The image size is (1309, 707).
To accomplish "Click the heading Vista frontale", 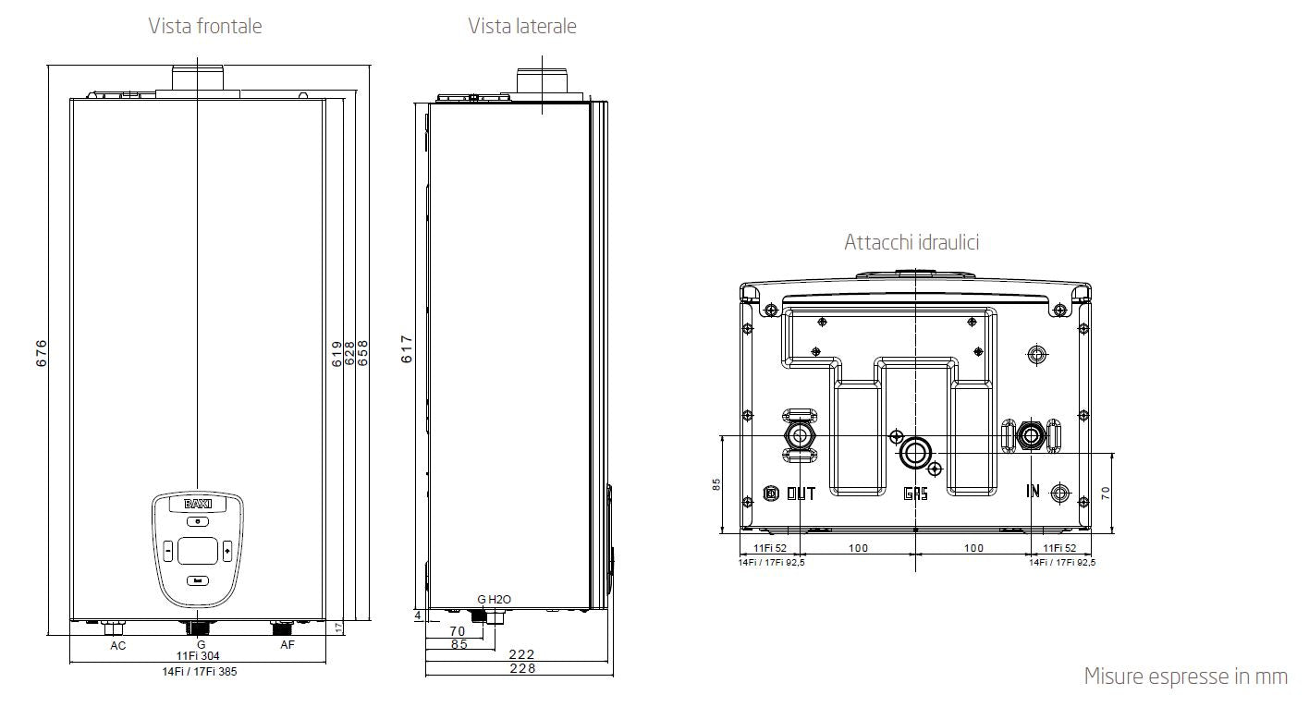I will click(x=205, y=26).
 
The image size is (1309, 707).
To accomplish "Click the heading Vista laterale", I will click(x=521, y=26).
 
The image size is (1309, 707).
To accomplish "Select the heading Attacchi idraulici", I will click(x=911, y=242).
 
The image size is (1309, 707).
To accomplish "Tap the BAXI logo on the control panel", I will click(x=198, y=505).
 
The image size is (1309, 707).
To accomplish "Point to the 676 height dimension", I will click(x=42, y=354).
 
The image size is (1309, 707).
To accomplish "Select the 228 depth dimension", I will click(x=522, y=668).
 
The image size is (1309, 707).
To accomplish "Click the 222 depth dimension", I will click(x=522, y=654).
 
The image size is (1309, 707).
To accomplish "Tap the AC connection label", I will click(x=118, y=645).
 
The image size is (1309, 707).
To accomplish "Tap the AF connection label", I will click(x=287, y=645).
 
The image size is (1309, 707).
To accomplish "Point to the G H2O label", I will click(x=494, y=600).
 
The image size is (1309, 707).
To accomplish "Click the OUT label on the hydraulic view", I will click(x=801, y=494).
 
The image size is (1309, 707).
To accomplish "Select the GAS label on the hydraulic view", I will click(x=915, y=494).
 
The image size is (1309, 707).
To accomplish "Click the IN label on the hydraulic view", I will click(x=1033, y=491).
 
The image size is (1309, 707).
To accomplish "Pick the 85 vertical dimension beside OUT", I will click(x=716, y=484).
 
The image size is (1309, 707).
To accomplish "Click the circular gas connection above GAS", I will click(x=916, y=453).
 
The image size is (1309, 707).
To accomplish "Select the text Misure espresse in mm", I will click(x=1185, y=677).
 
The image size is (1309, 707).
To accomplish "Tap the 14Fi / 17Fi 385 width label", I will click(x=199, y=672).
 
